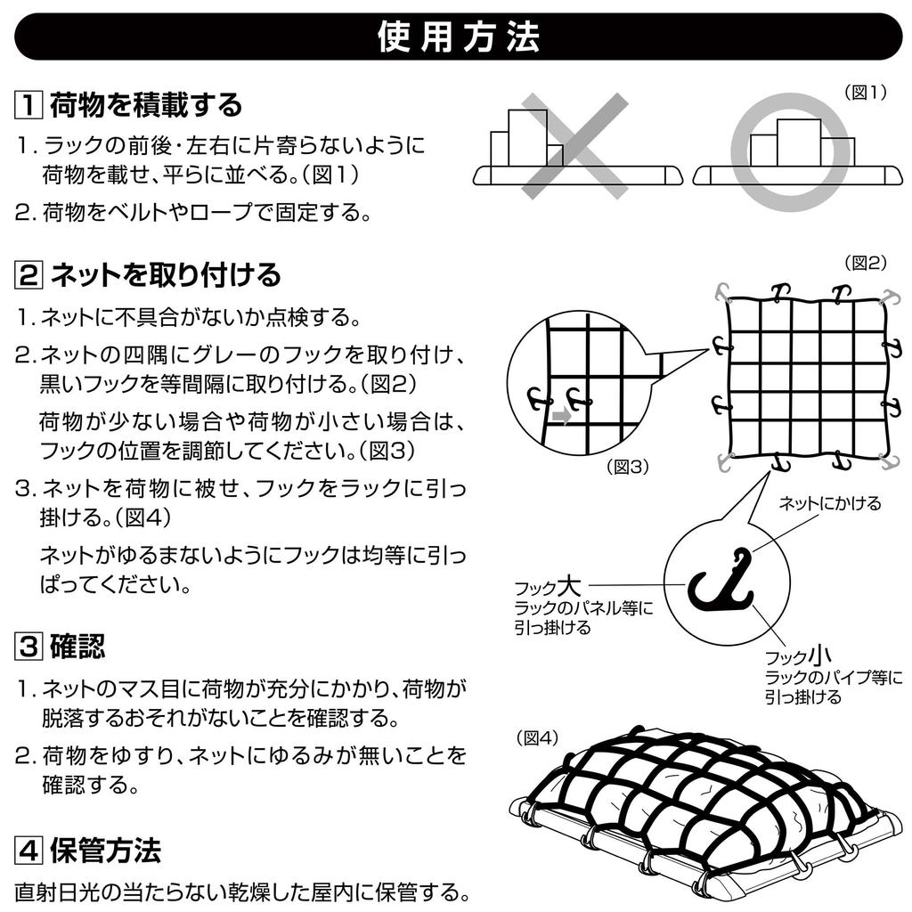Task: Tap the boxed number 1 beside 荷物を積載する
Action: pyautogui.click(x=28, y=105)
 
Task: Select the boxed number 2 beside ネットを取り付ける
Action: pyautogui.click(x=28, y=274)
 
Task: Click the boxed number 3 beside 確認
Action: pyautogui.click(x=28, y=647)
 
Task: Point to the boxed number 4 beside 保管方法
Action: pyautogui.click(x=28, y=851)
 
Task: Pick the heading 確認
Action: pyautogui.click(x=77, y=647)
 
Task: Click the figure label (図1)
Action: pyautogui.click(x=866, y=92)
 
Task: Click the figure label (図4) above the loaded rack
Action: pyautogui.click(x=538, y=737)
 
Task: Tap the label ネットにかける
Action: pyautogui.click(x=829, y=503)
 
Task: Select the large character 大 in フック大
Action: pyautogui.click(x=569, y=586)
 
